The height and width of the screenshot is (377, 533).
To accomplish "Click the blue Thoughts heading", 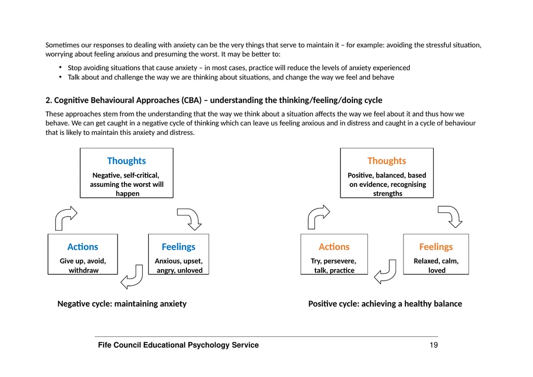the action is [126, 161].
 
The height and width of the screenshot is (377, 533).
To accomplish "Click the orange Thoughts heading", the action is [387, 161].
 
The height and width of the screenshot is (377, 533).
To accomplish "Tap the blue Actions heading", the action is [83, 247].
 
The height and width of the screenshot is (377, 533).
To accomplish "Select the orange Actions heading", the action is [334, 247].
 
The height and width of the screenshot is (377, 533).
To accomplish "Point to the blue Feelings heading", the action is [179, 247].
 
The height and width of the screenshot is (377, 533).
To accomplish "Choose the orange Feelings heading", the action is [436, 247].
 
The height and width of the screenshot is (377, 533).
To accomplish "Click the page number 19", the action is [434, 345].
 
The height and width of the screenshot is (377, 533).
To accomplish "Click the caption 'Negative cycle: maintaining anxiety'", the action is [122, 304].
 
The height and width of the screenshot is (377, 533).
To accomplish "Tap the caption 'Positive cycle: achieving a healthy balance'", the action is [385, 304].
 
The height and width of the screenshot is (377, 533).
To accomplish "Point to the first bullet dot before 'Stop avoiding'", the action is [60, 67].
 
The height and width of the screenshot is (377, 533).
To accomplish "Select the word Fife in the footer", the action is [105, 345].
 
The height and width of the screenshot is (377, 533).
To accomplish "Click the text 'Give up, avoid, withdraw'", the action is [83, 266].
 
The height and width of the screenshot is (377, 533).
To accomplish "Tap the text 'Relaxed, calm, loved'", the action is [436, 266].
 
